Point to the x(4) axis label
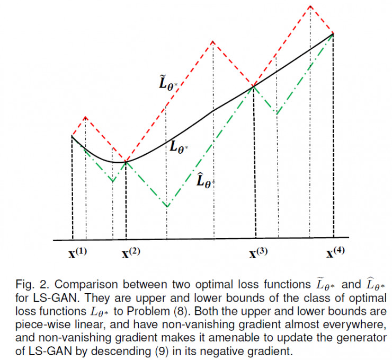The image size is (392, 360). coord(336,253)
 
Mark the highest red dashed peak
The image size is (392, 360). coord(310,6)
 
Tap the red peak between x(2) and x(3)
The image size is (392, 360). coord(212,40)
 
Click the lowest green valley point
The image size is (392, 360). coord(167,206)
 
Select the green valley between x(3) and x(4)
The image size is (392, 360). coord(277,113)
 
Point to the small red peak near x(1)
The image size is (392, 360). coord(86,116)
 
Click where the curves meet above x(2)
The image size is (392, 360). coord(126,161)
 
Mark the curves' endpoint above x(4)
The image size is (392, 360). coord(333,33)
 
